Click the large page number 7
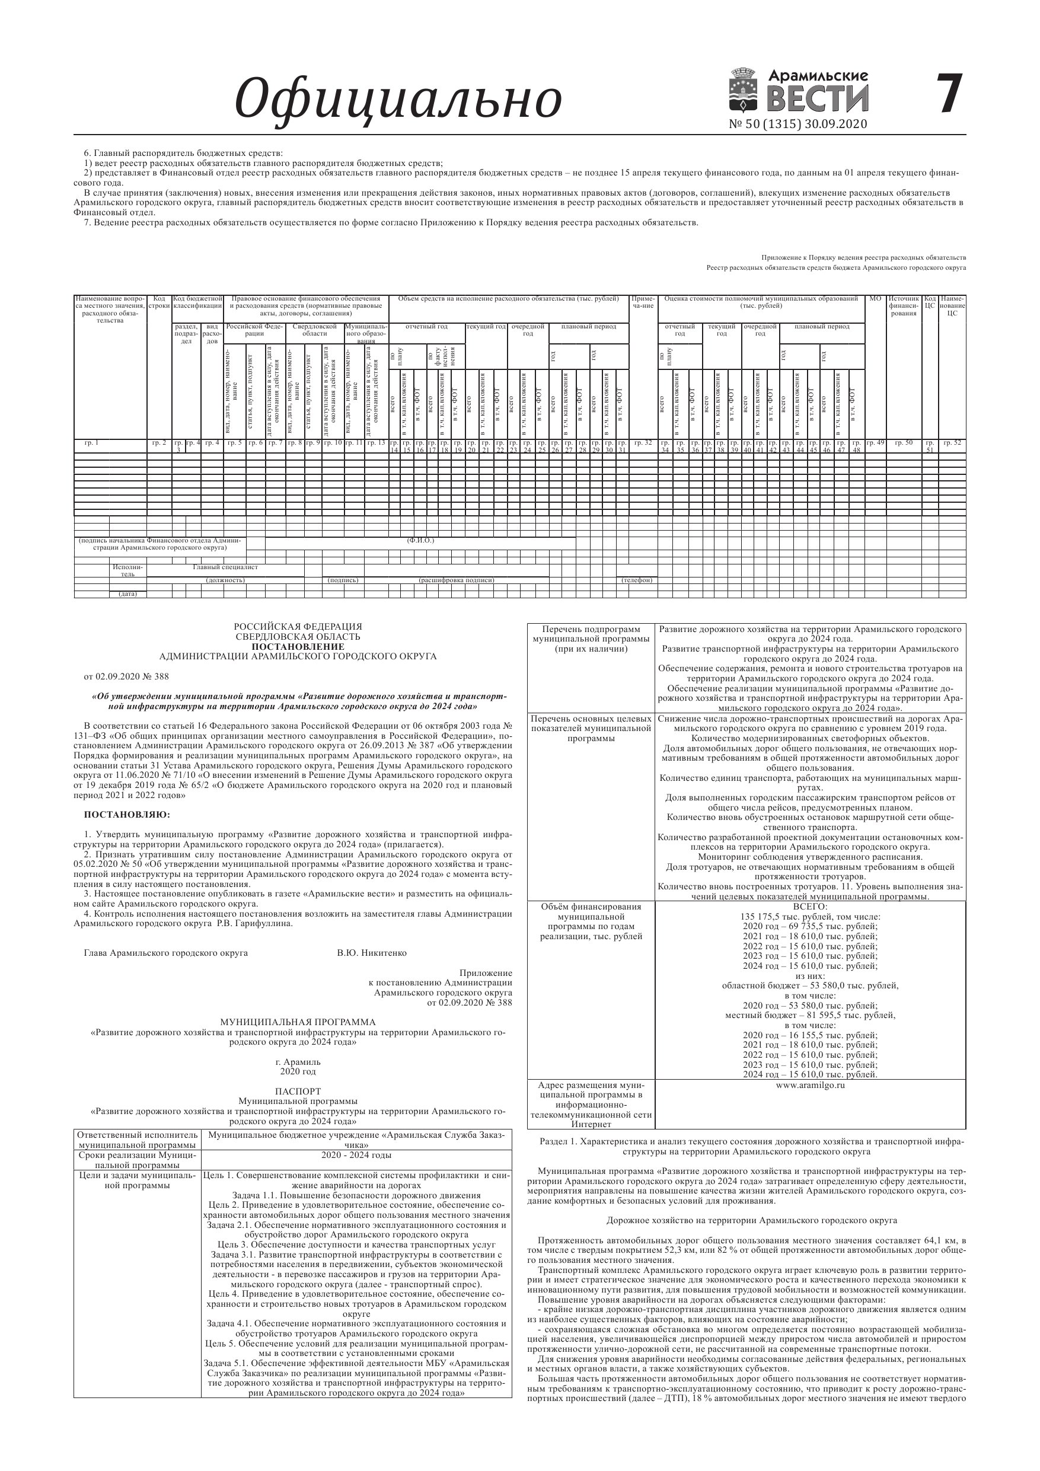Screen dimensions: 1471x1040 pos(950,94)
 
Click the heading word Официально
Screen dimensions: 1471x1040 pos(398,99)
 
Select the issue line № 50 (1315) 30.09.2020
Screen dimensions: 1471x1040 pos(797,125)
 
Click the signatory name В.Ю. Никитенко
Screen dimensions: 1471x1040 pos(372,953)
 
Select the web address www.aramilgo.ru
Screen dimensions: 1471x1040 pos(810,1085)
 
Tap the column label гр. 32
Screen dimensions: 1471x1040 pos(643,443)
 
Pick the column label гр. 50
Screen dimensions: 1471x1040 pos(904,443)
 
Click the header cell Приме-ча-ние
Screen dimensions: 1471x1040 pos(643,302)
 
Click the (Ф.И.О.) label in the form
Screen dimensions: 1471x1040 pos(420,540)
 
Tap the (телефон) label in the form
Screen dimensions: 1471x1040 pos(637,580)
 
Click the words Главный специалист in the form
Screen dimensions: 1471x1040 pos(225,567)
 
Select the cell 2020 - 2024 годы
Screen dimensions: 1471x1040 pos(356,1155)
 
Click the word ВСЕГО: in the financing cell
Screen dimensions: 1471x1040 pos(810,907)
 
